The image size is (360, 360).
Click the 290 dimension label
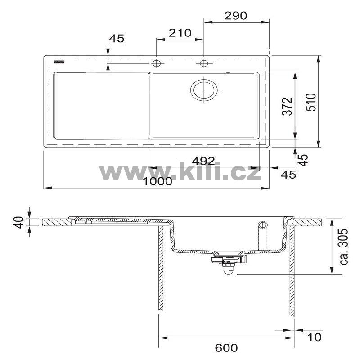pyautogui.click(x=235, y=16)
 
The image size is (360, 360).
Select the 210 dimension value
pyautogui.click(x=180, y=33)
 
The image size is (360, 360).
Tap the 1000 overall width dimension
pyautogui.click(x=157, y=182)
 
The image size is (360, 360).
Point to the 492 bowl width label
pyautogui.click(x=203, y=161)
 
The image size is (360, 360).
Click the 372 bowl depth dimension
pyautogui.click(x=288, y=106)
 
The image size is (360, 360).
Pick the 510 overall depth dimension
pyautogui.click(x=311, y=102)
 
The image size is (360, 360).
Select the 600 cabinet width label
pyautogui.click(x=226, y=348)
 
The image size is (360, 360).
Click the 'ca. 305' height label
pyautogui.click(x=344, y=247)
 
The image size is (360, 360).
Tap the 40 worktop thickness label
pyautogui.click(x=18, y=222)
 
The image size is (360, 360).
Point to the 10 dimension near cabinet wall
pyautogui.click(x=314, y=337)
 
